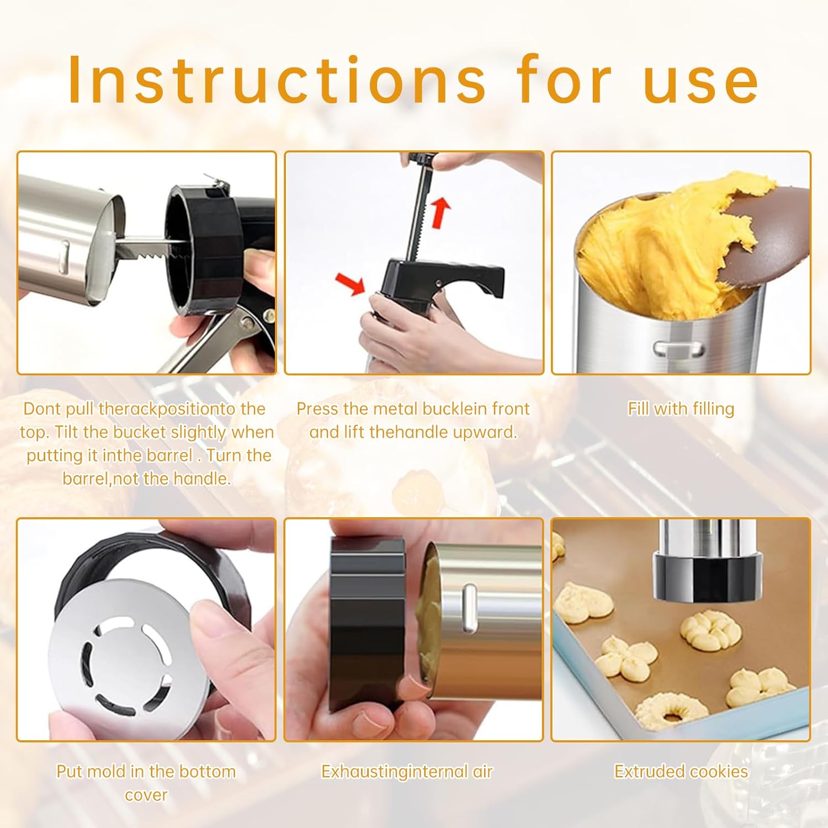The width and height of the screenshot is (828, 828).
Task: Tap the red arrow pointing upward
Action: [440, 213]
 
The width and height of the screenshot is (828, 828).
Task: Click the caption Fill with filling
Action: [681, 408]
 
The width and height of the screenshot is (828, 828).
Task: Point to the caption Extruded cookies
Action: [681, 771]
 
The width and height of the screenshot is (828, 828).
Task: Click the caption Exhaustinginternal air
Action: [407, 771]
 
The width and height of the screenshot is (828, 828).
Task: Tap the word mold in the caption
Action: [108, 771]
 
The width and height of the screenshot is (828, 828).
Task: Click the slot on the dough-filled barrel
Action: [679, 349]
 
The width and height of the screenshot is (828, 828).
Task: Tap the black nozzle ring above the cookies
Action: [707, 577]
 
